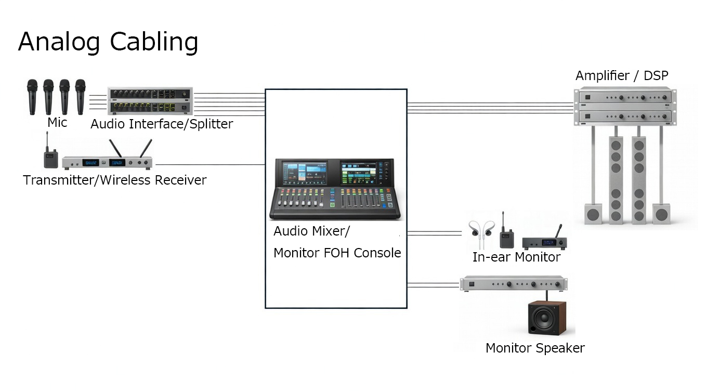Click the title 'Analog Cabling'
coord(108,42)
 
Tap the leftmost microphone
coord(32,96)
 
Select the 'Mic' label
coord(57,123)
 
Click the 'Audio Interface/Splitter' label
coord(162,124)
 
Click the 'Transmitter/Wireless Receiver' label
coord(115,180)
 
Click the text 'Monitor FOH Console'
coord(337,253)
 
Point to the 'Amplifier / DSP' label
coord(622,76)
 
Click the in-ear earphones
coord(481,232)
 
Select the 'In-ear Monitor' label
coord(516,257)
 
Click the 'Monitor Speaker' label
coord(535,348)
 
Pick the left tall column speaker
coord(616,179)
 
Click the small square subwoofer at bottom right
coord(661,213)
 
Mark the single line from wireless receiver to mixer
coord(210,165)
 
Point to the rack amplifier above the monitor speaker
coord(514,284)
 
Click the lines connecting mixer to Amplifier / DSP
coord(490,108)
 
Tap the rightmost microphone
coord(80,96)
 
